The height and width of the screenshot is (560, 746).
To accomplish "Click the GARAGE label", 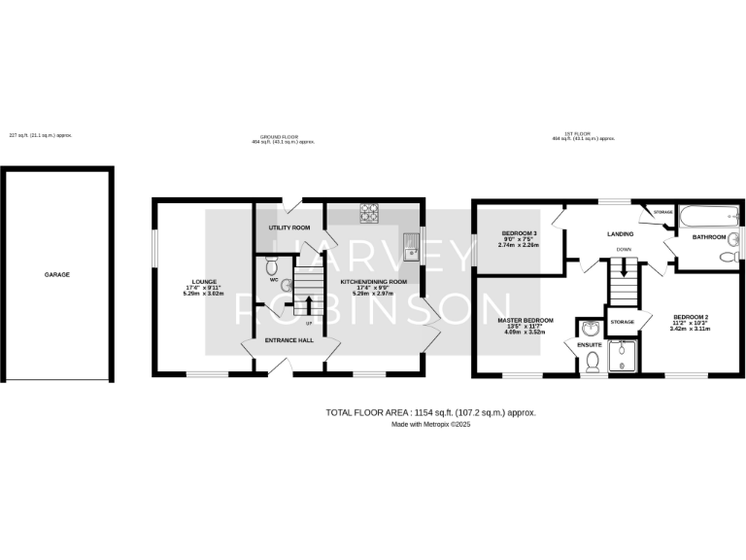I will tap(56, 274).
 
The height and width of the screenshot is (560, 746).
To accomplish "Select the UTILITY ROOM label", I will tap(288, 227).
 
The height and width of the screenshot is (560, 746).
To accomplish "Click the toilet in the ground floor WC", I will tap(271, 263).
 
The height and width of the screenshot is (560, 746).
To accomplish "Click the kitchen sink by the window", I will tap(411, 248).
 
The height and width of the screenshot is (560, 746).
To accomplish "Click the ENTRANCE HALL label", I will tap(290, 340).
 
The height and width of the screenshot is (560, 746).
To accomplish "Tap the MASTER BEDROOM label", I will tap(526, 321).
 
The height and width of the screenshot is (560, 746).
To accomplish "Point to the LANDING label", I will tap(620, 234).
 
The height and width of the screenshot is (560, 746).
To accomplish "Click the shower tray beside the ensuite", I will tap(623, 357).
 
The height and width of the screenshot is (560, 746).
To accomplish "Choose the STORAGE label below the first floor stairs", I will tap(622, 322).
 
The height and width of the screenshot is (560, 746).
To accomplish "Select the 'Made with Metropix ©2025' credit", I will tap(429, 425).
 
